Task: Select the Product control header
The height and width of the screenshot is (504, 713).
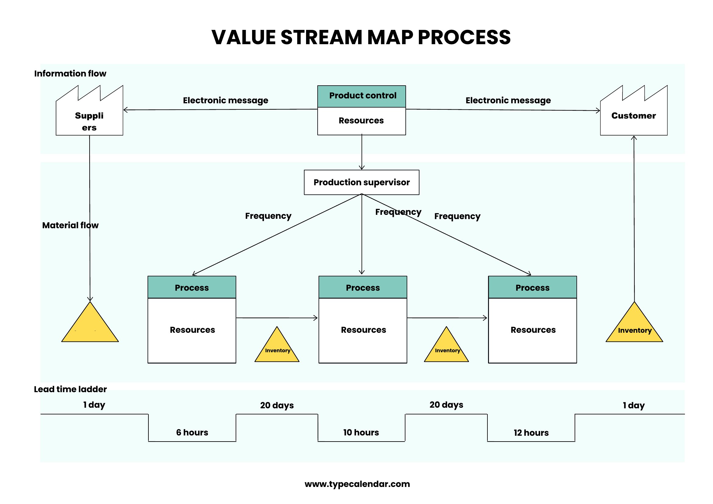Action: [x=362, y=97]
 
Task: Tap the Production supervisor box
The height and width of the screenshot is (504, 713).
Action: [x=362, y=182]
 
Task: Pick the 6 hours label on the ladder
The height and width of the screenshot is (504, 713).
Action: [x=192, y=432]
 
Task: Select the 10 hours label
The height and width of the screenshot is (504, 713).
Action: [x=361, y=432]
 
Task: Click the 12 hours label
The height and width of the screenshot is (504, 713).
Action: [x=531, y=433]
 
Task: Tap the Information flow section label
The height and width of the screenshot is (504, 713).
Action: [x=70, y=73]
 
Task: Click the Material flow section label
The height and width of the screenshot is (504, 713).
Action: [x=70, y=225]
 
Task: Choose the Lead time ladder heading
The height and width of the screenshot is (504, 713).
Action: [x=70, y=389]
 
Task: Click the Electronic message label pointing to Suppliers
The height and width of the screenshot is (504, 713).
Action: [x=226, y=101]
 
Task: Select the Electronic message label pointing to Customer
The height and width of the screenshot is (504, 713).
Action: [x=508, y=101]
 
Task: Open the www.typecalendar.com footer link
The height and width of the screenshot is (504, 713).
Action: [x=357, y=484]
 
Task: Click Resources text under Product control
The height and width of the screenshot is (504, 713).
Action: [x=361, y=120]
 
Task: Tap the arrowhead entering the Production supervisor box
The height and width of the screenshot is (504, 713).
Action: [x=362, y=168]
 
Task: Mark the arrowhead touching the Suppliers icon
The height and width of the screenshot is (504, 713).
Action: [x=126, y=110]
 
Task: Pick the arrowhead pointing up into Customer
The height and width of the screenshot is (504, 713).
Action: [x=634, y=138]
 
